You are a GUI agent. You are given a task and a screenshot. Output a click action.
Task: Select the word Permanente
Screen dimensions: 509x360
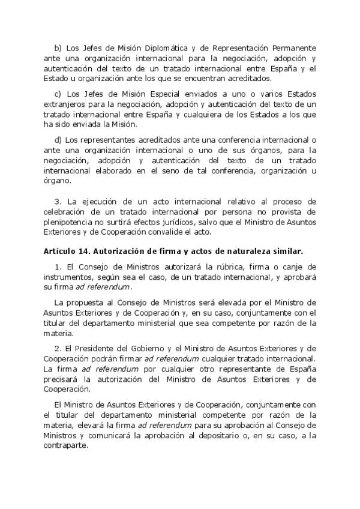pos(292,47)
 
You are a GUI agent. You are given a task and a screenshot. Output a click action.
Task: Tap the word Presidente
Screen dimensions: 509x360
pos(96,349)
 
